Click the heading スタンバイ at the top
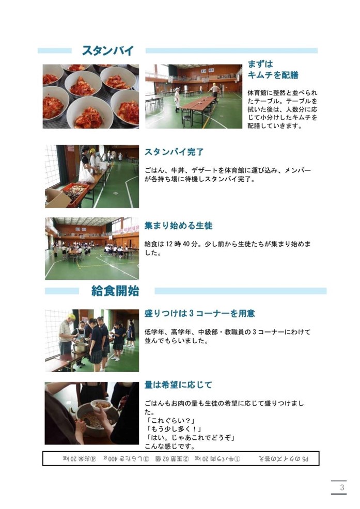[108, 51]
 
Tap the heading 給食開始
[115, 291]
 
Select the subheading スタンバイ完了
[174, 152]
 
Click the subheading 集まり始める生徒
[178, 226]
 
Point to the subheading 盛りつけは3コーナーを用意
[199, 313]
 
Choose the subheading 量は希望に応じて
[178, 385]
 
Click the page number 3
[342, 487]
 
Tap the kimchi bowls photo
[91, 97]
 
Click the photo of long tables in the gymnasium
[194, 97]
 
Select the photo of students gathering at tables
[92, 249]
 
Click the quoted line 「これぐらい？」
[168, 421]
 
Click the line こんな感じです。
[169, 447]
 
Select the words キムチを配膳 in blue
[273, 75]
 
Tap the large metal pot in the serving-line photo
[80, 347]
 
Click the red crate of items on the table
[75, 193]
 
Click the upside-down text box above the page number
[181, 458]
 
